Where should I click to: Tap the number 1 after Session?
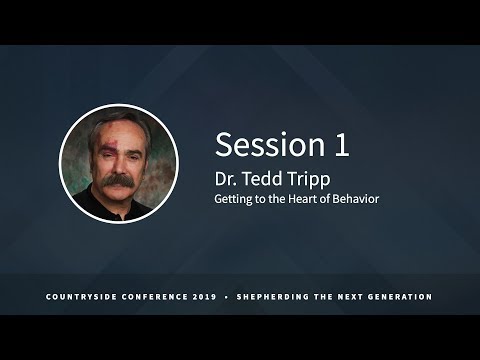[342, 145]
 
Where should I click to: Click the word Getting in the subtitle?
[236, 200]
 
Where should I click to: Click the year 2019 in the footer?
[209, 297]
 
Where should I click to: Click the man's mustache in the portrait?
[118, 183]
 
